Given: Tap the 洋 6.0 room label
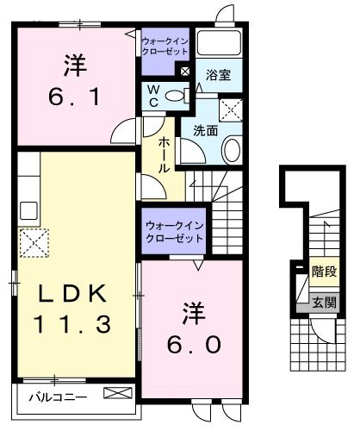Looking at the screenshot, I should [x=194, y=330].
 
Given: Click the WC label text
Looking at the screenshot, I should [x=152, y=96].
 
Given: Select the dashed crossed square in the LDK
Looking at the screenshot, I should [x=35, y=244].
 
